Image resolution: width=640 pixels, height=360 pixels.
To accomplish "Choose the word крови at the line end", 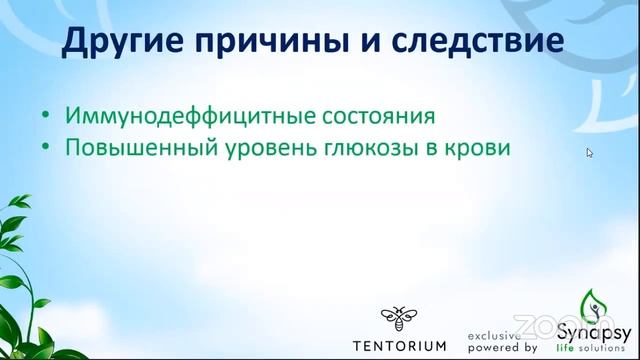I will (482, 146).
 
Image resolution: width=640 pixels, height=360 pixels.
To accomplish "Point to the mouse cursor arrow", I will (589, 152).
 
